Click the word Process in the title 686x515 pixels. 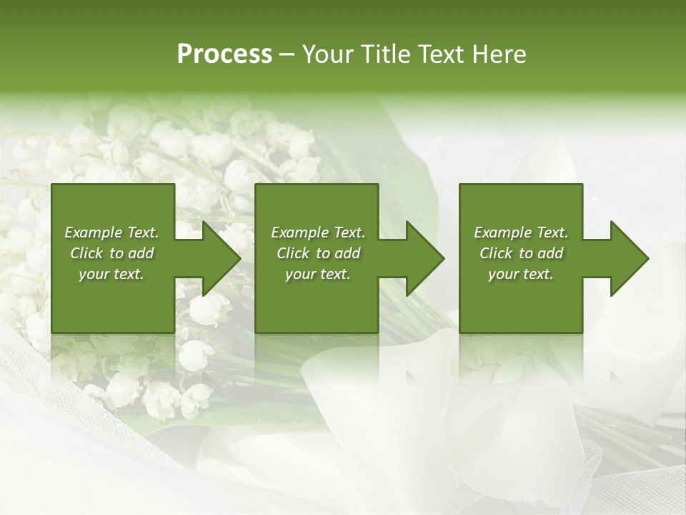pyautogui.click(x=224, y=54)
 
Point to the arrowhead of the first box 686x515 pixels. pyautogui.click(x=222, y=258)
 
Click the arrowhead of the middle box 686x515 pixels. pyautogui.click(x=425, y=258)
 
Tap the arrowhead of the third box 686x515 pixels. pyautogui.click(x=629, y=258)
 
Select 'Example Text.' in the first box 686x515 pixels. pyautogui.click(x=111, y=232)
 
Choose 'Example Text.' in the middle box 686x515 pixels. pyautogui.click(x=318, y=232)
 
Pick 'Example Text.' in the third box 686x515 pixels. pyautogui.click(x=521, y=232)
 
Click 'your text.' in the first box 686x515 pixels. pyautogui.click(x=111, y=274)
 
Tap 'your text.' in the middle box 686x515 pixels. pyautogui.click(x=318, y=274)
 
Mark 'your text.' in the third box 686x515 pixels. pyautogui.click(x=521, y=274)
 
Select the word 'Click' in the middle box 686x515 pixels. pyautogui.click(x=293, y=253)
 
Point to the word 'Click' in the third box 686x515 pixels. pyautogui.click(x=496, y=253)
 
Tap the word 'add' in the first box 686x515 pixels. pyautogui.click(x=141, y=253)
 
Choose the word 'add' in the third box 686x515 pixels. pyautogui.click(x=551, y=253)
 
